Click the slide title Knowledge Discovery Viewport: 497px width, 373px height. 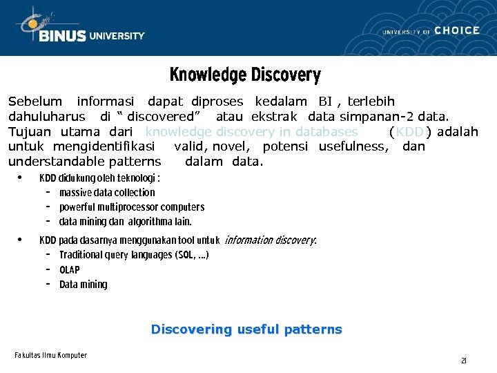[x=245, y=75]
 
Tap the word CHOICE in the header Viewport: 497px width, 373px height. [x=457, y=30]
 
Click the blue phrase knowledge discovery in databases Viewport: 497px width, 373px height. [x=251, y=132]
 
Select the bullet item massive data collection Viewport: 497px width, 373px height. [x=107, y=193]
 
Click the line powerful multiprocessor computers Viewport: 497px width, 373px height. [x=132, y=207]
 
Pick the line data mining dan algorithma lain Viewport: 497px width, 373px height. [x=125, y=222]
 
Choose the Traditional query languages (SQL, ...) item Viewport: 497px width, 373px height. [x=134, y=255]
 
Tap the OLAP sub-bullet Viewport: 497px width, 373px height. [x=70, y=270]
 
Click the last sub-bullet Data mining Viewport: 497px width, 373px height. [x=84, y=285]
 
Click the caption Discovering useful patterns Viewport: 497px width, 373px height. [x=246, y=329]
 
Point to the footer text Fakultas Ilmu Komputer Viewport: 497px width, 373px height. [x=51, y=355]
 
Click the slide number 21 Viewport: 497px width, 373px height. [x=464, y=361]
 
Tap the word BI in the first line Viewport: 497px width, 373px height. [x=325, y=102]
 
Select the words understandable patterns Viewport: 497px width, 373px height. [x=84, y=162]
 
